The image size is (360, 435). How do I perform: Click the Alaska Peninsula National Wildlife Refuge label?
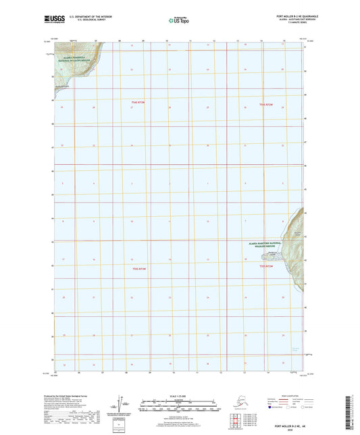pyautogui.click(x=71, y=62)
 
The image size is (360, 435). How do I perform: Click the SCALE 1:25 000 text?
pyautogui.click(x=179, y=396)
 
